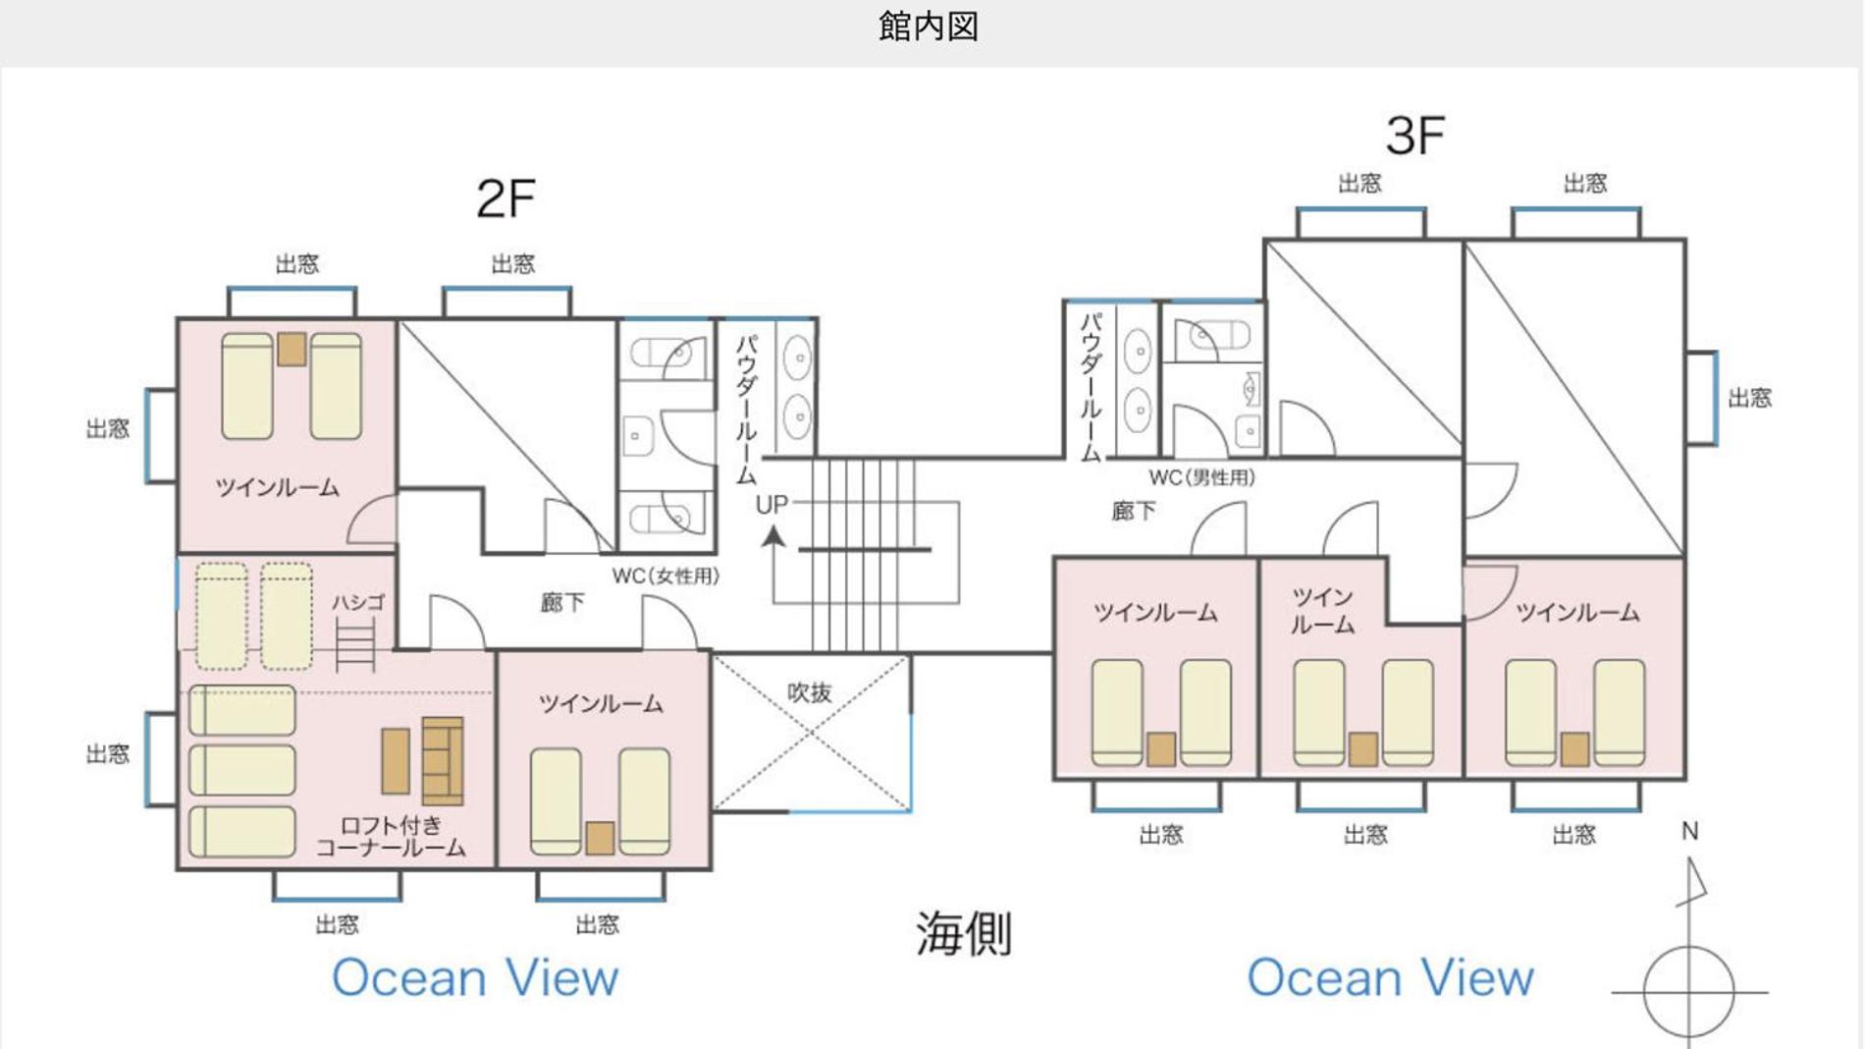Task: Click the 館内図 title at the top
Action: click(928, 27)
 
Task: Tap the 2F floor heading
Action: click(506, 199)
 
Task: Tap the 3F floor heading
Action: click(1414, 137)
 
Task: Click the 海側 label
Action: click(963, 933)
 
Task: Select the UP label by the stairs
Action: click(772, 505)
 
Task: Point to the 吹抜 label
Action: click(810, 692)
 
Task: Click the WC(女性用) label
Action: click(666, 577)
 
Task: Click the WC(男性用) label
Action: click(1201, 478)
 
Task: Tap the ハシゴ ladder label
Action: click(357, 602)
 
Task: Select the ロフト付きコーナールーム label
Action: click(391, 837)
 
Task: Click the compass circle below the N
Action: click(1688, 991)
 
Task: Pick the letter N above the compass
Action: click(1689, 832)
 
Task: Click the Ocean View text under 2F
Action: click(475, 978)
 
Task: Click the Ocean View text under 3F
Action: click(1390, 978)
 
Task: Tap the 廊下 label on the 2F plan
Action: click(562, 603)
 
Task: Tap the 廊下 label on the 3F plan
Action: click(1134, 511)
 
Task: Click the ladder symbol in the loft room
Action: click(355, 646)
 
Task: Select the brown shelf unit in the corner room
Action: click(443, 760)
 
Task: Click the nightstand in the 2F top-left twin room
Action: click(292, 349)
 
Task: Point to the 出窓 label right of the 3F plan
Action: click(1749, 398)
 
